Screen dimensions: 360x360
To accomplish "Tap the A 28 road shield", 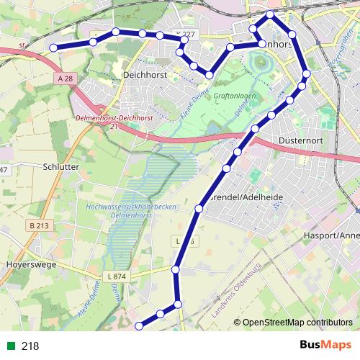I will tap(66, 78).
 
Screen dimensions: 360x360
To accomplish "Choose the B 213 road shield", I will tap(39, 226).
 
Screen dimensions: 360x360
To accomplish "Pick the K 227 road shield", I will tap(185, 34).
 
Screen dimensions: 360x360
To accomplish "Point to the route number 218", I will tap(30, 346).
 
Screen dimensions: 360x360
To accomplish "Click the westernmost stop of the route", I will tap(53, 48).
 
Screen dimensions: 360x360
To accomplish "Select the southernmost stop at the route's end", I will tap(139, 326).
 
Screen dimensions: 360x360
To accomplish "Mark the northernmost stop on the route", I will tap(270, 14).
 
